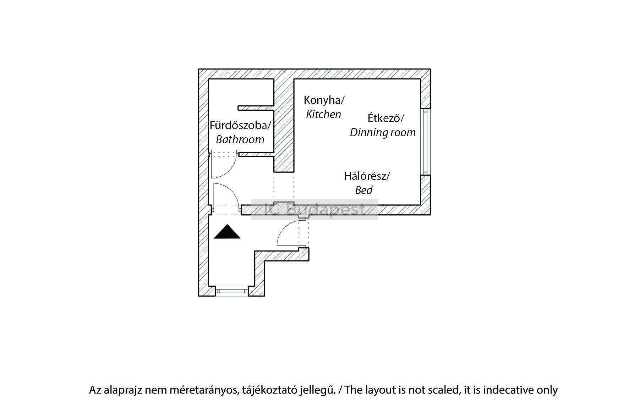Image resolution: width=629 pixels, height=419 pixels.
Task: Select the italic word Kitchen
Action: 323,114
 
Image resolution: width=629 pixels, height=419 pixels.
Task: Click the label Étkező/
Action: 386,118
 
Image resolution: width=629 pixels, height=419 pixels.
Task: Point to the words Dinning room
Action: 383,132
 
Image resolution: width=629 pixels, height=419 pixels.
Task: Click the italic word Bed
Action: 363,191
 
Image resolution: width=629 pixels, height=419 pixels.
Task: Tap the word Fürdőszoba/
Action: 240,125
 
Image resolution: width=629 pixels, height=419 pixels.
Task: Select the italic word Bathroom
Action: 240,139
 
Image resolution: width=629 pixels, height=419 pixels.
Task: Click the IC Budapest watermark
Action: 314,209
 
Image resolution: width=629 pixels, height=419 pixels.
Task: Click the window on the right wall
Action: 425,142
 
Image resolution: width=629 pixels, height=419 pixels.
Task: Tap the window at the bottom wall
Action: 232,291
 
